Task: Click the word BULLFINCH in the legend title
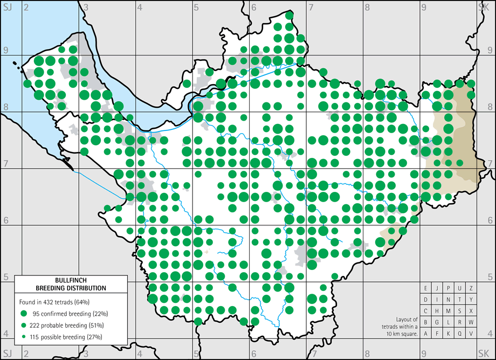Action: [x=71, y=280]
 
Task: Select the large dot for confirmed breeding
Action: [x=24, y=314]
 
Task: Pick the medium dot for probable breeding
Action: [x=24, y=325]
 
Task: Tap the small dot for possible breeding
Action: [x=24, y=337]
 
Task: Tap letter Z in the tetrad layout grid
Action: [x=471, y=288]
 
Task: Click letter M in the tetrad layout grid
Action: [x=448, y=311]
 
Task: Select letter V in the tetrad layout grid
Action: [x=471, y=334]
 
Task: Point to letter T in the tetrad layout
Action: [x=460, y=300]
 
